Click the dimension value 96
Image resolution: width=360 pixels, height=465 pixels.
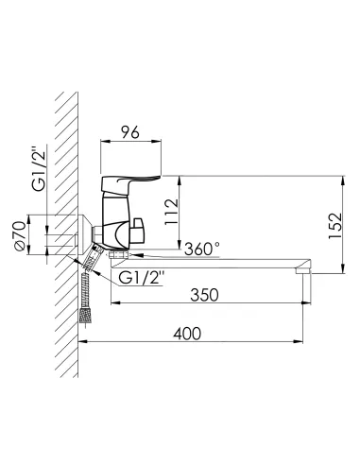coord(130,132)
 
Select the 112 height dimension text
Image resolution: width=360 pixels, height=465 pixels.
coord(172,212)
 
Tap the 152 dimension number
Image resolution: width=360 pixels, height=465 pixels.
coord(335,226)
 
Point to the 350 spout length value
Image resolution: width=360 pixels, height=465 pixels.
coord(204,295)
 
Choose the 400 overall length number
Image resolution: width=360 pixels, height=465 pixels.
coord(187,334)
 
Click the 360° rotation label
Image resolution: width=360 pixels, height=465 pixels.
coord(202,250)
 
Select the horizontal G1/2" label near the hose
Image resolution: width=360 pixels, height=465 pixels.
coord(142,279)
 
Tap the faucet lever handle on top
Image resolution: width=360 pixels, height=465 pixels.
coord(129,186)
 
